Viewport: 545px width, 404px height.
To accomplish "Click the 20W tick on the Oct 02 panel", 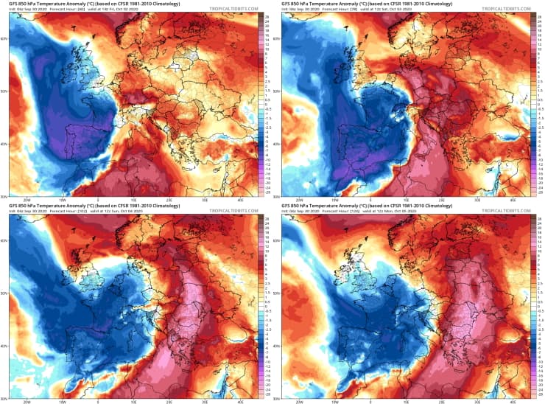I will click(x=27, y=199).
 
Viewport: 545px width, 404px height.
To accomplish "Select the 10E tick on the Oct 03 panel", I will click(x=404, y=199).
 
